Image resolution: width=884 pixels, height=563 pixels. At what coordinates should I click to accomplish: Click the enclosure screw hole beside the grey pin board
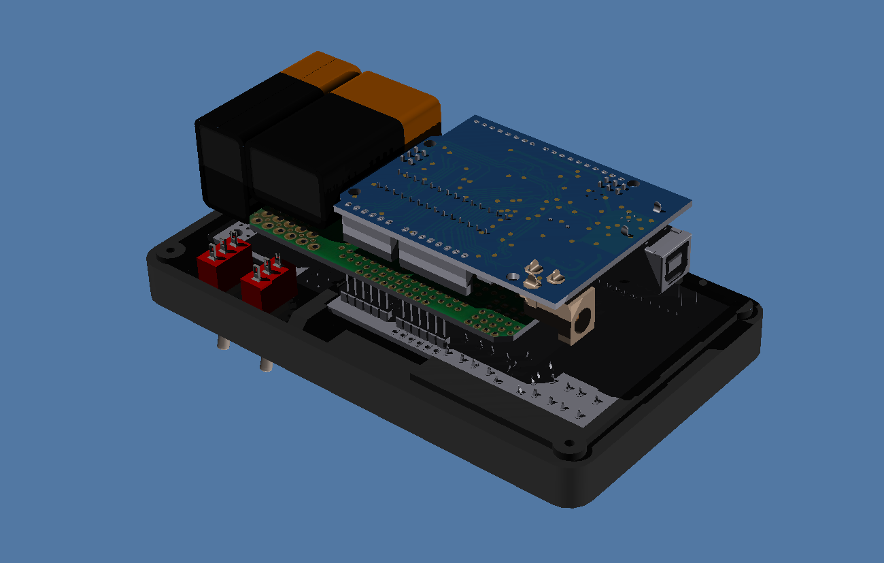coord(564,447)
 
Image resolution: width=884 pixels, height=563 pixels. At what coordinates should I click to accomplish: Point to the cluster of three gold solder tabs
coord(541,274)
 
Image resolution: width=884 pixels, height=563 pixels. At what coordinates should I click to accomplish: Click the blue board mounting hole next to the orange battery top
coord(432,143)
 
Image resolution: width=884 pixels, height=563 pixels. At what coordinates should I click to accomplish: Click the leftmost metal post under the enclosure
coord(221,344)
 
